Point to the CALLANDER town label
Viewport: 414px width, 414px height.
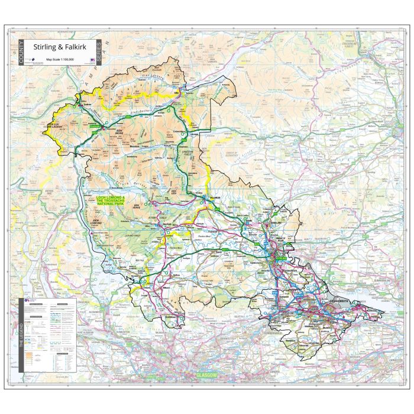[214, 198]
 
